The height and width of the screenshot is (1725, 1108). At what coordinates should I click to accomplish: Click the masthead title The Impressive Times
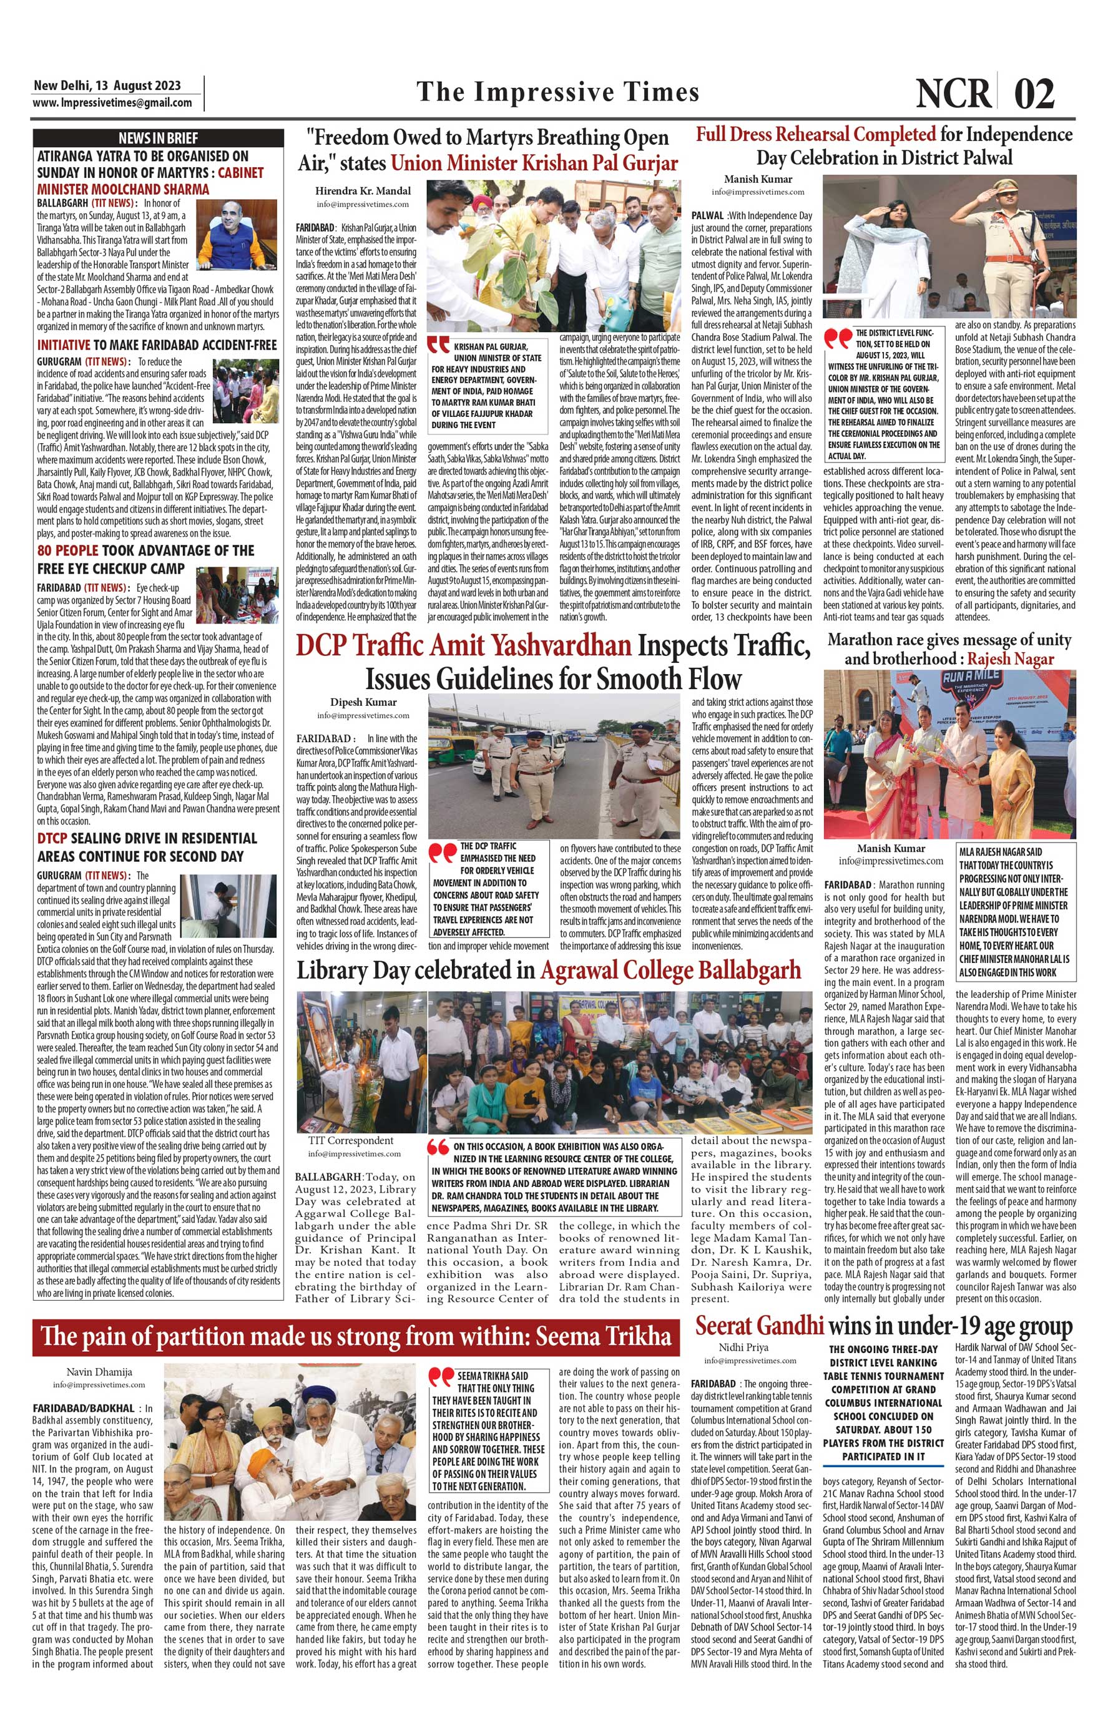pyautogui.click(x=557, y=92)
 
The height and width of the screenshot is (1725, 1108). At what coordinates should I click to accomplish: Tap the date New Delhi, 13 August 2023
pyautogui.click(x=107, y=86)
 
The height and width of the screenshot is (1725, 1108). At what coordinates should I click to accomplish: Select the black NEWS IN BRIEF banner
pyautogui.click(x=159, y=138)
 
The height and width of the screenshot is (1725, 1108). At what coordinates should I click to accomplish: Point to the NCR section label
pyautogui.click(x=953, y=94)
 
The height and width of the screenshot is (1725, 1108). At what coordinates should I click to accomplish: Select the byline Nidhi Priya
pyautogui.click(x=743, y=1347)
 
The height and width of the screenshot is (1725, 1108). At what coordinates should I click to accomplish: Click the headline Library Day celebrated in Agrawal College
pyautogui.click(x=548, y=970)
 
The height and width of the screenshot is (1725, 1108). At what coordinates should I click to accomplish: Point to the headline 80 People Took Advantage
pyautogui.click(x=145, y=559)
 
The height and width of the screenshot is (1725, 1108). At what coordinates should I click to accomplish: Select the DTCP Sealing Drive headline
pyautogui.click(x=147, y=848)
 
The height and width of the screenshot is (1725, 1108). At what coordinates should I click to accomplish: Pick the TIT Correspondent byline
pyautogui.click(x=351, y=1140)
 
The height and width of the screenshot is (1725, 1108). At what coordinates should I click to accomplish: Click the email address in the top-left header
pyautogui.click(x=113, y=102)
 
